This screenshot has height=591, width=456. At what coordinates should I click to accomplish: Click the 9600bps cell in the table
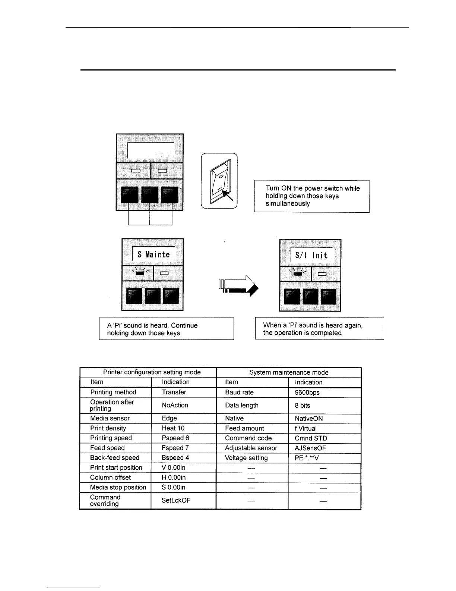(307, 393)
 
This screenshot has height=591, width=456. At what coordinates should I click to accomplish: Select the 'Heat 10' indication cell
(173, 428)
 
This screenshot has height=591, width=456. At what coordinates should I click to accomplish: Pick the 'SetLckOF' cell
(176, 500)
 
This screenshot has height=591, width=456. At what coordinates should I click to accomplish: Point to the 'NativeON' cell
(308, 419)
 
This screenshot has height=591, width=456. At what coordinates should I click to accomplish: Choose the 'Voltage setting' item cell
(246, 458)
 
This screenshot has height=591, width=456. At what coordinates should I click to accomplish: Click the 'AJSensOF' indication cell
(310, 448)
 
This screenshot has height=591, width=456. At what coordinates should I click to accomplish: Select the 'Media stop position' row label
(118, 487)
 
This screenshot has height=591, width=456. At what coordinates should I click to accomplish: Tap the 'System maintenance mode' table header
(289, 372)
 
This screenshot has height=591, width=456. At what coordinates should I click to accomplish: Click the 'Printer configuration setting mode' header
(152, 372)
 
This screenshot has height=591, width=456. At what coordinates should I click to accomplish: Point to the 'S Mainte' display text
(153, 254)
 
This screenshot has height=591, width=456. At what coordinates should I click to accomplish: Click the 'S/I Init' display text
(311, 256)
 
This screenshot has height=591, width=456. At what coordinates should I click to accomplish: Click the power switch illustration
(219, 181)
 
